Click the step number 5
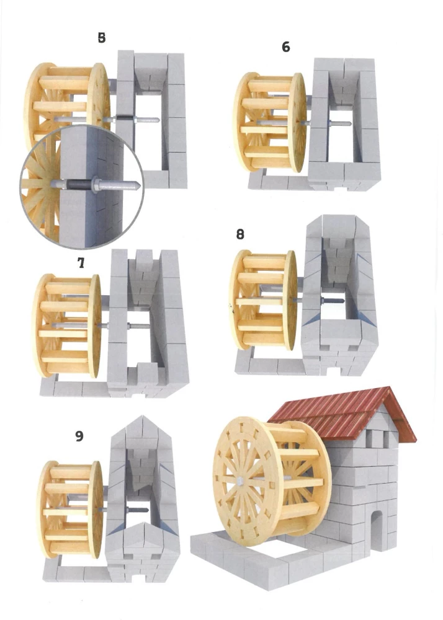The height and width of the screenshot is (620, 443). click(102, 38)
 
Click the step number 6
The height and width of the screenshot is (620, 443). click(286, 47)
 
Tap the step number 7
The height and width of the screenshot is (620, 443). click(81, 262)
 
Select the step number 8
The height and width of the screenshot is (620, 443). click(240, 234)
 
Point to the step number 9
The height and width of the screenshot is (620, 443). click(79, 436)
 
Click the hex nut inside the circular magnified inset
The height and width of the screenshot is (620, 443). click(96, 184)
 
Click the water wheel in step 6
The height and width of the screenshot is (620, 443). click(270, 122)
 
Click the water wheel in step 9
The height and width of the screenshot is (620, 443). click(70, 509)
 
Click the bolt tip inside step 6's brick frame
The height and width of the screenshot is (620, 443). click(349, 124)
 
